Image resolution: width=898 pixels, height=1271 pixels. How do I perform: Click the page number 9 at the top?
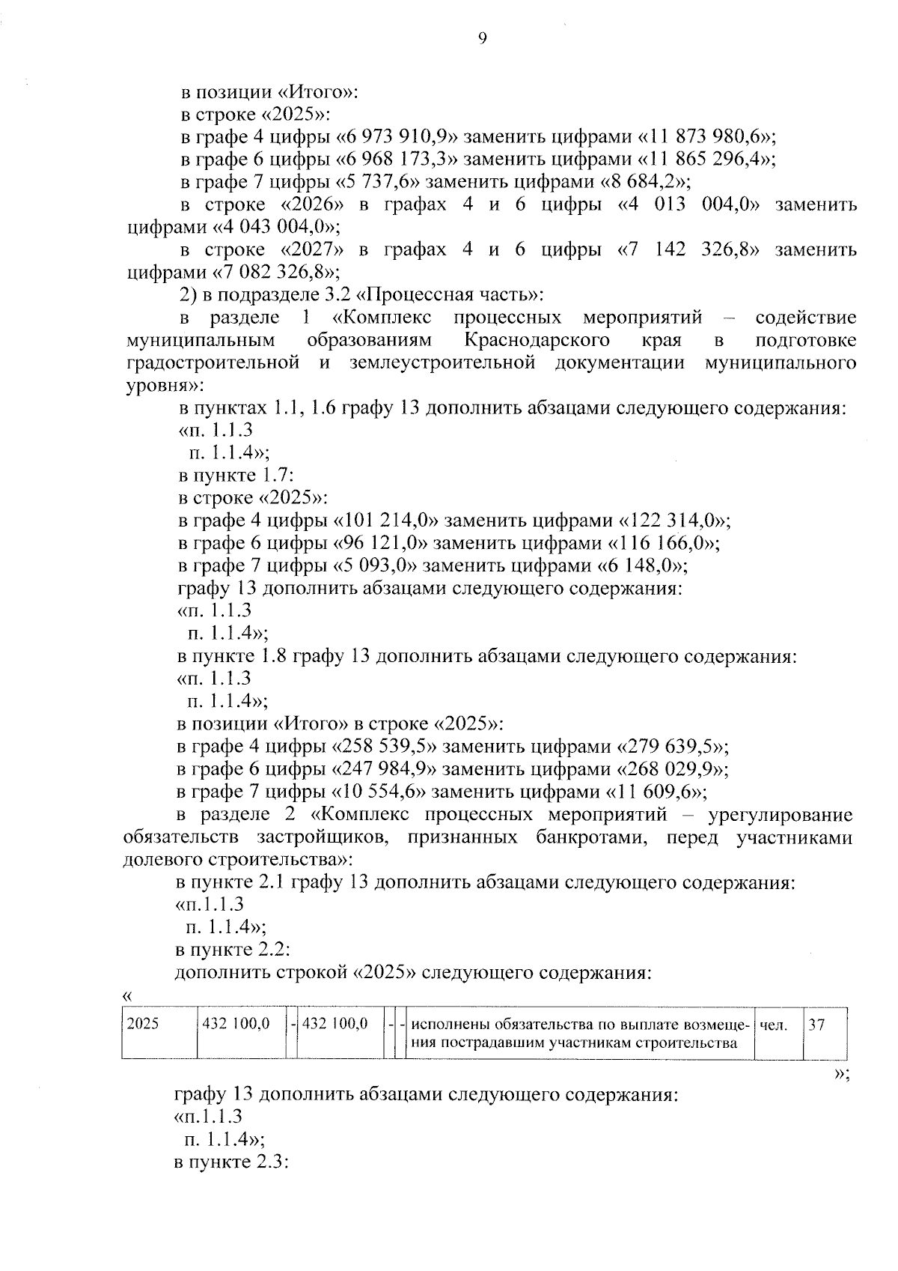point(482,39)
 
